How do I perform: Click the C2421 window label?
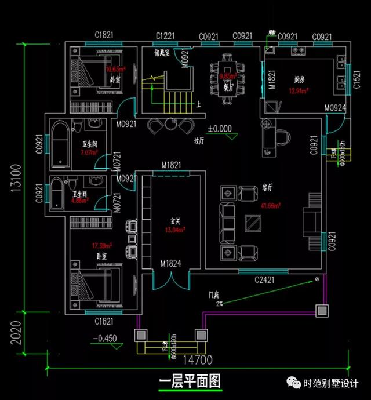point(265,281)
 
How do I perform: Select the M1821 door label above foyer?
point(172,166)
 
